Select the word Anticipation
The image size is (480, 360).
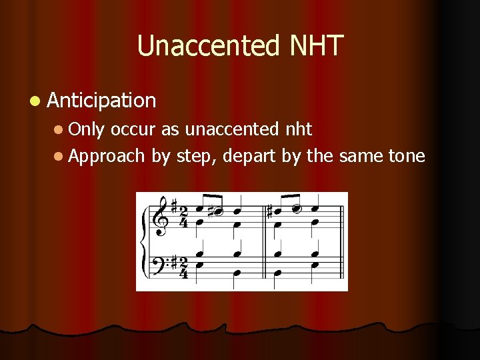pyautogui.click(x=101, y=101)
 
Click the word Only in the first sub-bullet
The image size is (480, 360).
pyautogui.click(x=86, y=129)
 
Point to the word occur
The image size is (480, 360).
pyautogui.click(x=135, y=129)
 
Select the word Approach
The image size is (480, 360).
pyautogui.click(x=106, y=156)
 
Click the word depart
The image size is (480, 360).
pyautogui.click(x=247, y=156)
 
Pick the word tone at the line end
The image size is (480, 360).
pyautogui.click(x=405, y=156)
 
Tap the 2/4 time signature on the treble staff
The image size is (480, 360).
pyautogui.click(x=183, y=217)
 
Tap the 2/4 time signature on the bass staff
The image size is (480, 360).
pyautogui.click(x=183, y=267)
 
